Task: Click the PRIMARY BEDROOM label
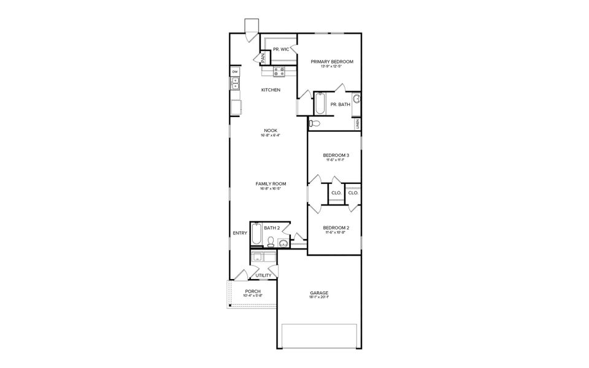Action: click(332, 61)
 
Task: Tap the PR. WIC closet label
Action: click(281, 49)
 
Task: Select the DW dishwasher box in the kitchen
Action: click(234, 72)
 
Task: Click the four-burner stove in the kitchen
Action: click(279, 72)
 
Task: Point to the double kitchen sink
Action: click(234, 84)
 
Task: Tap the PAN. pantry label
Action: click(263, 59)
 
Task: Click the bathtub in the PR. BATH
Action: click(320, 104)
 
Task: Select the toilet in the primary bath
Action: click(314, 123)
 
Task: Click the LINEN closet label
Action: click(357, 124)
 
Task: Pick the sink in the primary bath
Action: click(356, 98)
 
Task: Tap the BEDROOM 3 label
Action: click(336, 155)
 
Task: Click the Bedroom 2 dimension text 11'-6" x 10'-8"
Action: click(336, 232)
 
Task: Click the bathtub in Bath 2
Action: click(256, 234)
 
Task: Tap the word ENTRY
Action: click(240, 233)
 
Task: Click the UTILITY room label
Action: click(263, 276)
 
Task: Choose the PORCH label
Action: click(253, 291)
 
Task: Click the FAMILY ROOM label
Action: click(271, 183)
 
